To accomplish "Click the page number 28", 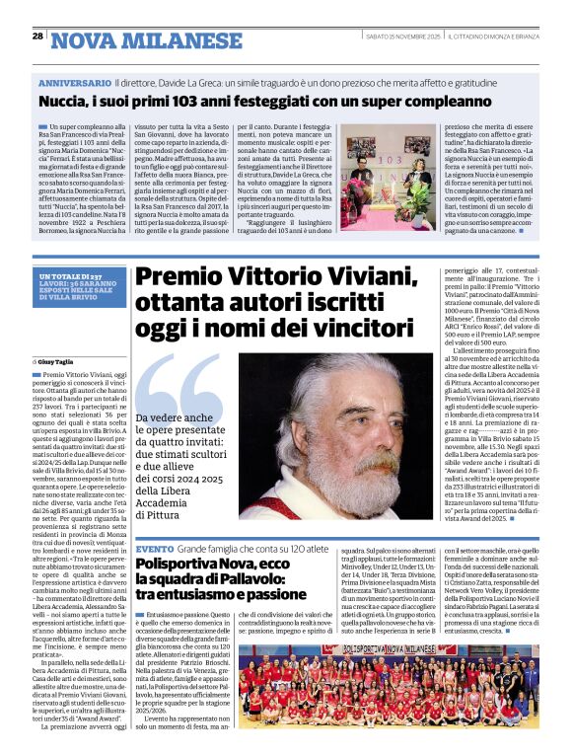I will pyautogui.click(x=37, y=36).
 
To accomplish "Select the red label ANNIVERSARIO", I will pyautogui.click(x=75, y=86).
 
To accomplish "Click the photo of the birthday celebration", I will pyautogui.click(x=387, y=183).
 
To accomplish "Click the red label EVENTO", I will pyautogui.click(x=155, y=548).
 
